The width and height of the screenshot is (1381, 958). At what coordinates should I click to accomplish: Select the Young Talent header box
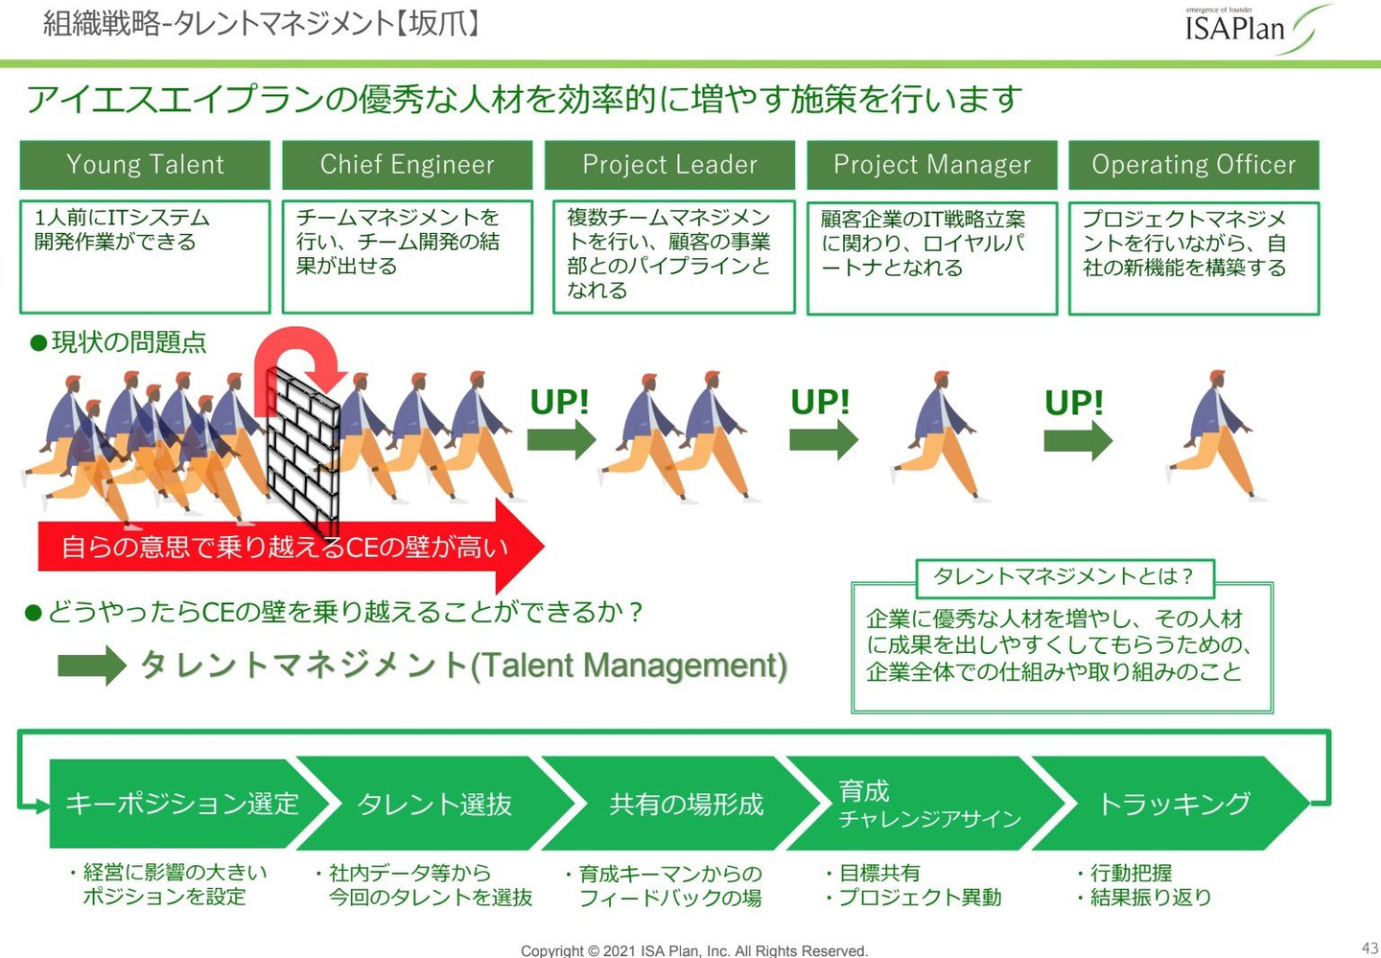(x=145, y=165)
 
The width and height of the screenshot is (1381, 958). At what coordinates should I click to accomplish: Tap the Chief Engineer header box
(x=407, y=165)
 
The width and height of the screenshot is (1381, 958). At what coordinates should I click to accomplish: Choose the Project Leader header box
(x=669, y=165)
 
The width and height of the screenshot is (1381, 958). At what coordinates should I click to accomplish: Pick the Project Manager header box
(x=931, y=165)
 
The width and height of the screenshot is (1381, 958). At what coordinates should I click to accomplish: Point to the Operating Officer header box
(x=1193, y=165)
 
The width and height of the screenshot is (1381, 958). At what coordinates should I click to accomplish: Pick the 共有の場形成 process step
(x=686, y=804)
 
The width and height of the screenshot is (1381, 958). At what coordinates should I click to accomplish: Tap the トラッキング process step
(x=1174, y=804)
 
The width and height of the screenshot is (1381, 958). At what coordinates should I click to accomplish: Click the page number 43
(x=1369, y=948)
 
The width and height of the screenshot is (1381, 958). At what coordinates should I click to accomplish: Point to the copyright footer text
(x=693, y=950)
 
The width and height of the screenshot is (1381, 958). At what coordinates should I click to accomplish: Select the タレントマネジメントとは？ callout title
(x=1065, y=576)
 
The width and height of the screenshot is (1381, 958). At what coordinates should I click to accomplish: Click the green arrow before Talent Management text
(x=91, y=666)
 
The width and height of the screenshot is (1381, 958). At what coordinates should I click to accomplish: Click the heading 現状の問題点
(x=129, y=342)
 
